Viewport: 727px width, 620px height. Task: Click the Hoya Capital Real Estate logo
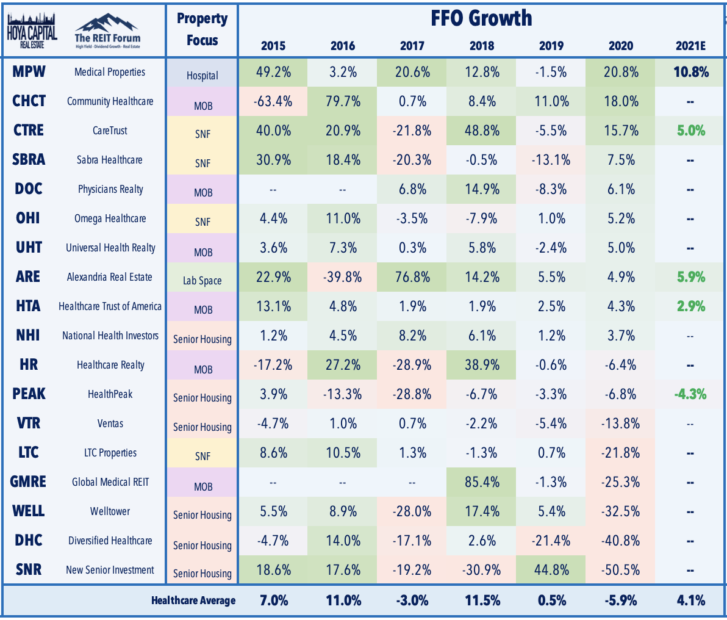(32, 31)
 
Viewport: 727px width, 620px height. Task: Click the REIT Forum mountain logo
(107, 31)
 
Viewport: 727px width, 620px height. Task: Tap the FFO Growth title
(481, 18)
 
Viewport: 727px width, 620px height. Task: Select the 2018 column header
(482, 46)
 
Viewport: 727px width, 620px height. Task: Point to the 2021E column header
(690, 46)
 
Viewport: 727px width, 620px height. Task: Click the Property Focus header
(202, 29)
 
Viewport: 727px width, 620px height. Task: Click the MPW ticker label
(29, 71)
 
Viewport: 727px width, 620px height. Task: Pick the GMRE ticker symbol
(28, 481)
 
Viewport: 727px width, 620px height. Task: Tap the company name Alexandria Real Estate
(109, 277)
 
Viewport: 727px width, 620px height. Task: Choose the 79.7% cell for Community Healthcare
(343, 101)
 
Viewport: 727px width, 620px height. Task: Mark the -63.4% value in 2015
(273, 101)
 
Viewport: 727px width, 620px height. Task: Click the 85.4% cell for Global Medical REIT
(482, 481)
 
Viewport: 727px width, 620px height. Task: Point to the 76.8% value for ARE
(413, 277)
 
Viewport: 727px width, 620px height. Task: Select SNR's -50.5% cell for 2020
(620, 569)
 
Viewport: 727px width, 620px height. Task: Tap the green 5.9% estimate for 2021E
(691, 277)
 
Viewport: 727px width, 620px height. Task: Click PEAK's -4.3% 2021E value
(690, 394)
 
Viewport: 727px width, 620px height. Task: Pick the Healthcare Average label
(193, 600)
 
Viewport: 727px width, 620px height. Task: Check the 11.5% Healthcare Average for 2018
(482, 600)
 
